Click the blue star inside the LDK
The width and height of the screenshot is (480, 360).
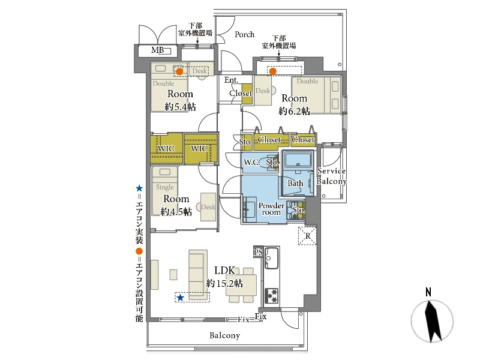(x=181, y=297)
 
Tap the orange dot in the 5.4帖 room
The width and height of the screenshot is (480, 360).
(x=179, y=71)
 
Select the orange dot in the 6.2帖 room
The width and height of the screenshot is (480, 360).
(x=273, y=71)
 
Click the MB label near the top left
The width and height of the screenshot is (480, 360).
(x=157, y=50)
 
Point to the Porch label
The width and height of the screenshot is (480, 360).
(x=245, y=34)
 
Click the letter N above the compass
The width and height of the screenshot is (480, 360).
(x=428, y=292)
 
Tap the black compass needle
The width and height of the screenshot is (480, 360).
(x=432, y=322)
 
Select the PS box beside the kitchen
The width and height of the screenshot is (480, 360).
(x=258, y=251)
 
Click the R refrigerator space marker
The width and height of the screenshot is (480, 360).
(x=307, y=236)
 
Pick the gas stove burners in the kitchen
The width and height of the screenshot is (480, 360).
(x=271, y=296)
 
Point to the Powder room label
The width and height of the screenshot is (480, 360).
(x=271, y=209)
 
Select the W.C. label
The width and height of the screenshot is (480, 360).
(x=251, y=163)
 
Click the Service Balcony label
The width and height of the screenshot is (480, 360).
(x=331, y=176)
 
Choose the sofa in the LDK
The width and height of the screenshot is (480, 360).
(x=198, y=275)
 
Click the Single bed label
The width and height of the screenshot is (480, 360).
(x=164, y=187)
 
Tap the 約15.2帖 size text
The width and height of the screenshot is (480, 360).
(x=224, y=283)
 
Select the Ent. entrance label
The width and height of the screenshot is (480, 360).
(x=231, y=80)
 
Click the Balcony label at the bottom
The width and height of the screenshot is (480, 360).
(x=224, y=335)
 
